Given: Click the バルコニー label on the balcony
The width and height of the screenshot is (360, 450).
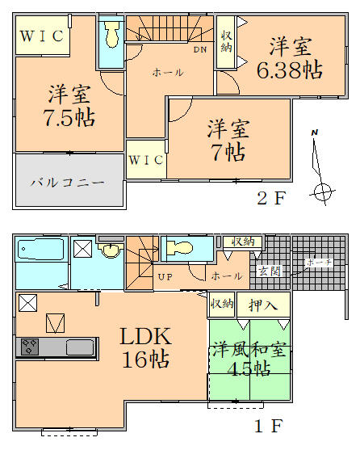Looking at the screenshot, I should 68,183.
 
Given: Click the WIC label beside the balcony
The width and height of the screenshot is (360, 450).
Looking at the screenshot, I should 145,160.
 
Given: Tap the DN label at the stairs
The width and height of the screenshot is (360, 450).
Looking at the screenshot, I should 199,49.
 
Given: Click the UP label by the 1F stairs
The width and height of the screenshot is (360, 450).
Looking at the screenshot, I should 166,277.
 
